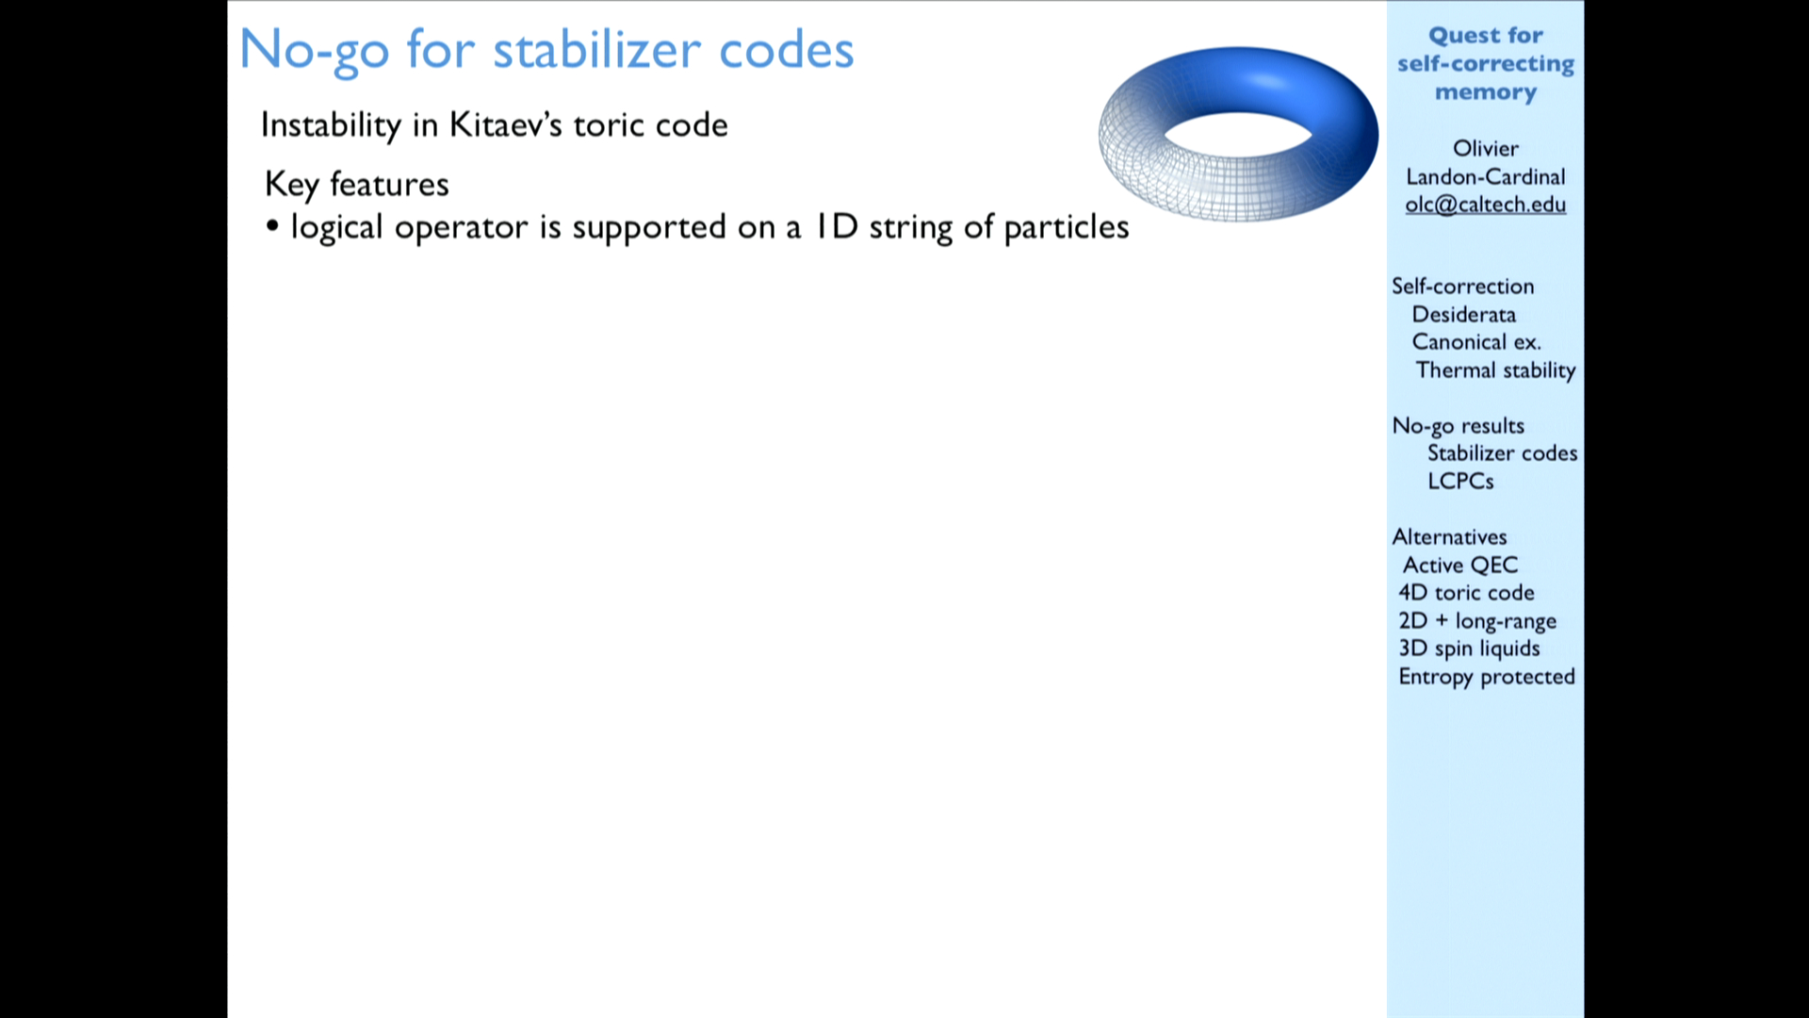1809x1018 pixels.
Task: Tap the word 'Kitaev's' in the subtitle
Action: pos(506,124)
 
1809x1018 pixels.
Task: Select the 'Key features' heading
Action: pos(356,185)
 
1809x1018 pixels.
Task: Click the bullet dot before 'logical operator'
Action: pos(272,226)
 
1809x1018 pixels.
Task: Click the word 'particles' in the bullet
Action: pos(1066,227)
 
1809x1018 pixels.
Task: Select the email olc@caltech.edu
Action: pos(1486,205)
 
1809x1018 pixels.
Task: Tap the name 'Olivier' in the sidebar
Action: pos(1486,148)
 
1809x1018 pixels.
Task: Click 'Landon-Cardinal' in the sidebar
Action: pos(1486,176)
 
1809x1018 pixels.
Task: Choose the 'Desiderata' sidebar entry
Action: pos(1464,314)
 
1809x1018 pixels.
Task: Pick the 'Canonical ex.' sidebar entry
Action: pos(1476,342)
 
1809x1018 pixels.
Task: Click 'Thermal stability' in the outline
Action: pos(1495,370)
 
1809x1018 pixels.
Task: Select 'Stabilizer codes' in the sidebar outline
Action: pos(1502,453)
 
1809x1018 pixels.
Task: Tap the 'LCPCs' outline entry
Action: pos(1460,481)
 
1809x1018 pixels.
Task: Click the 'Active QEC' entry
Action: pos(1460,565)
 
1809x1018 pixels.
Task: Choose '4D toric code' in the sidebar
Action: pos(1466,592)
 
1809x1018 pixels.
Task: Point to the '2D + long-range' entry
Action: pos(1477,621)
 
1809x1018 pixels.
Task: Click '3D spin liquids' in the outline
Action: pos(1469,649)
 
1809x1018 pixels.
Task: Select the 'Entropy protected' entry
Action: pos(1487,677)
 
